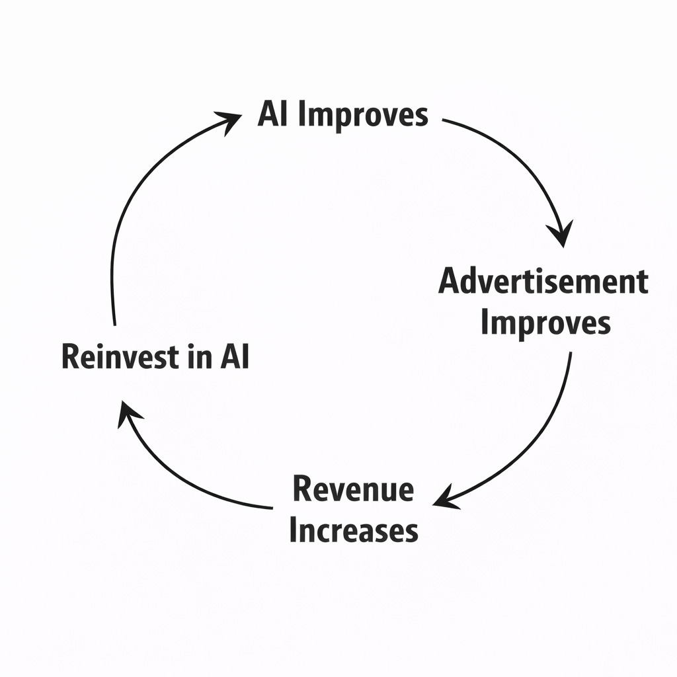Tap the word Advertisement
coord(543,282)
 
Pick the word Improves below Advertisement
coord(545,323)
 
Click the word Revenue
coord(353,490)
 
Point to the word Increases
coord(354,530)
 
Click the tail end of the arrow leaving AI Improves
coord(443,121)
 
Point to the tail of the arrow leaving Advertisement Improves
coord(570,354)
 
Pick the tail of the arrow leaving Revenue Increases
coord(271,508)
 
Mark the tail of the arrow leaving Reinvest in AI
coord(114,324)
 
